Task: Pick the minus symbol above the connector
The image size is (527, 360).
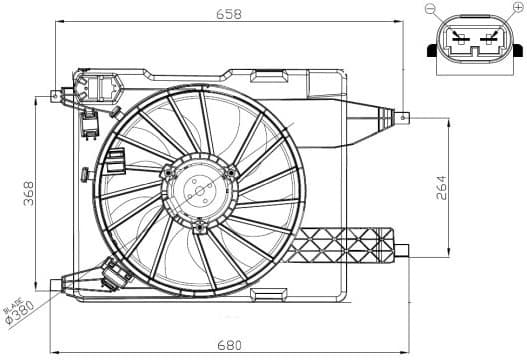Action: pyautogui.click(x=430, y=9)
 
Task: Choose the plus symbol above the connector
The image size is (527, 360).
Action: pyautogui.click(x=516, y=9)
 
